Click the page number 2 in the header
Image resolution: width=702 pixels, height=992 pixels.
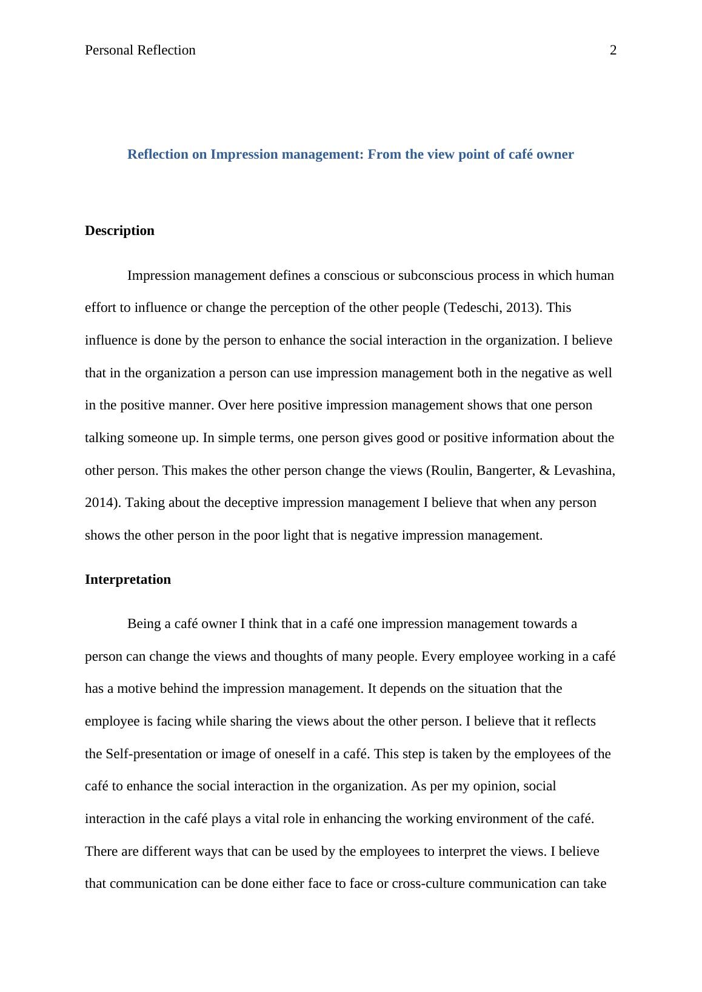coord(613,50)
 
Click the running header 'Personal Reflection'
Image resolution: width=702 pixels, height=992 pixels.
coord(140,50)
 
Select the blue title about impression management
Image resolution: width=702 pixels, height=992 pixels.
coord(350,154)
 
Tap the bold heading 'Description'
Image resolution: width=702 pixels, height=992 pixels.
coord(119,231)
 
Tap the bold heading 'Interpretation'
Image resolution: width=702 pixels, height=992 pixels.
coord(128,580)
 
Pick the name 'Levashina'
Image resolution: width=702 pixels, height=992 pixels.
coord(583,471)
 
